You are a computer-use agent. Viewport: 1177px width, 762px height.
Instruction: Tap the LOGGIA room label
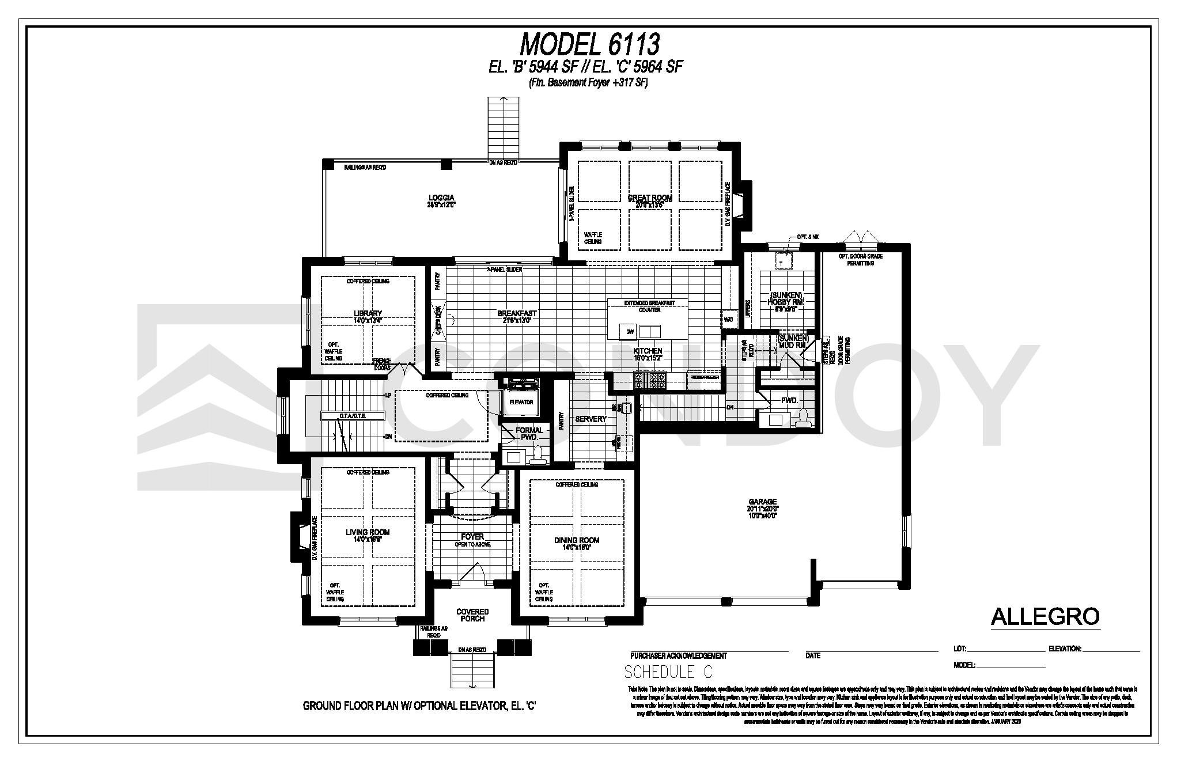(x=441, y=198)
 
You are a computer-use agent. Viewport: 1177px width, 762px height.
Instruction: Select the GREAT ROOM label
(x=650, y=198)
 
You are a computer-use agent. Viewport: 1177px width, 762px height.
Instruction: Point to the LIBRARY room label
(x=368, y=313)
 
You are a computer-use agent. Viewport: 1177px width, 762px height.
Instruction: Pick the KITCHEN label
(x=648, y=351)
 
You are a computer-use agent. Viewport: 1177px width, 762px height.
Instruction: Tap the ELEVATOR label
(x=521, y=402)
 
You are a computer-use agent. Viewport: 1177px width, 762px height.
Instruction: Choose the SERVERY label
(x=591, y=419)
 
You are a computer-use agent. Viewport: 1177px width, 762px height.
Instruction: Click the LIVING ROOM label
(x=368, y=532)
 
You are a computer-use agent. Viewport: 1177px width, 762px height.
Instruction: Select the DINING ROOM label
(x=577, y=540)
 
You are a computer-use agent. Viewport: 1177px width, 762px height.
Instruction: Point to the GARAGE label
(x=763, y=502)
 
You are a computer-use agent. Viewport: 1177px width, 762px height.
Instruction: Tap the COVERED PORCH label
(x=472, y=615)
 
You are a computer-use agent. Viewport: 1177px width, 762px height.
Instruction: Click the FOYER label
(x=472, y=537)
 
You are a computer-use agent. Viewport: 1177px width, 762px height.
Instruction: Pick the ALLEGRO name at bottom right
(x=1045, y=617)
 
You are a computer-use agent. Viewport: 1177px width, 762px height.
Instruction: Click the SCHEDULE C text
(x=668, y=672)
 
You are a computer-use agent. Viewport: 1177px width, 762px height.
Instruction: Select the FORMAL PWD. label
(x=529, y=434)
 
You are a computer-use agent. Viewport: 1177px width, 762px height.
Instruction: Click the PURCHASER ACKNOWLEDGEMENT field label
(x=678, y=655)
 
